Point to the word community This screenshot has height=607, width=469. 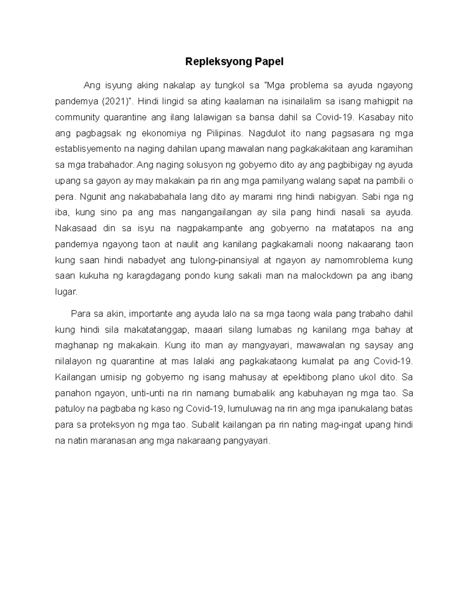click(77, 117)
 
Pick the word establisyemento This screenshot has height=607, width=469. click(88, 149)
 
